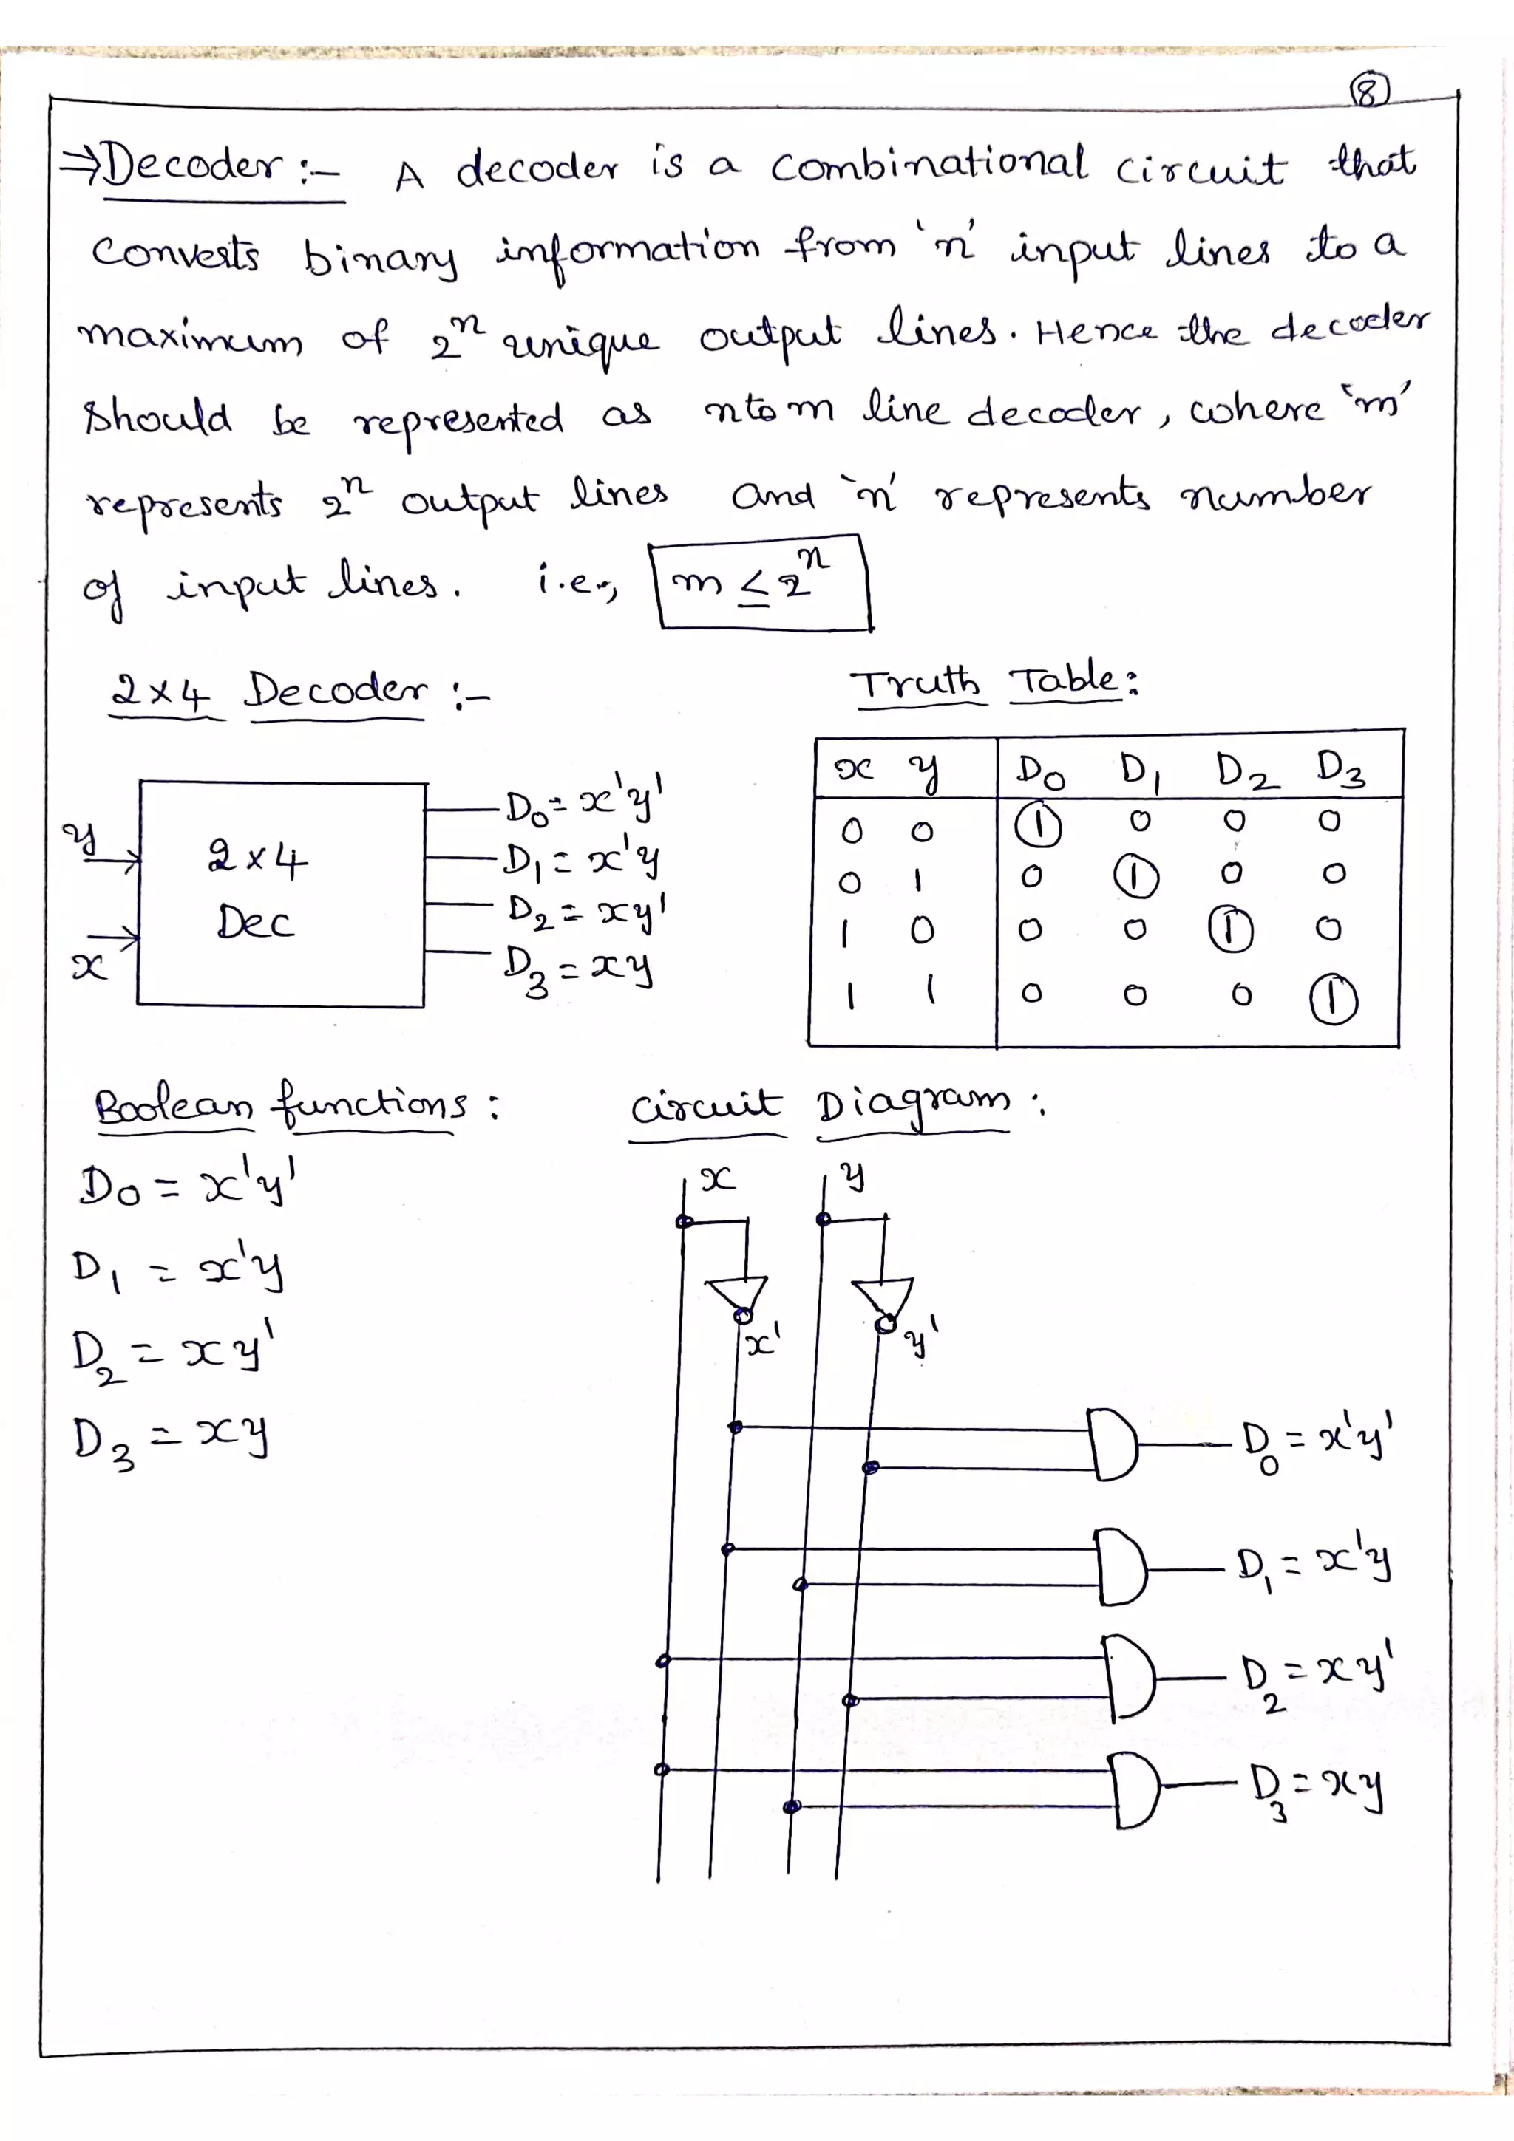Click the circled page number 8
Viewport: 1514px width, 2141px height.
(1368, 92)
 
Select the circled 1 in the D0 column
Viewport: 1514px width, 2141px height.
(1037, 826)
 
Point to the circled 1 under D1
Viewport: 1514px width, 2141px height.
(1136, 878)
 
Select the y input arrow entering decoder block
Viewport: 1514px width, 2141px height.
(112, 861)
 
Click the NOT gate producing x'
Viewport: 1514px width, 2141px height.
(738, 1296)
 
